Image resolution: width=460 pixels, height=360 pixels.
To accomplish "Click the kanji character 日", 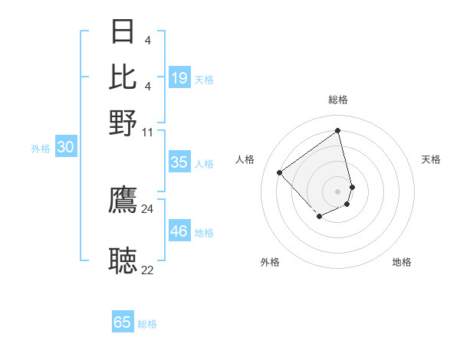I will click(123, 31).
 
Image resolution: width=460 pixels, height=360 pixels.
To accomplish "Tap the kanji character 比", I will click(123, 77).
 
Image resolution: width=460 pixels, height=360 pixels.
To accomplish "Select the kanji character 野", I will click(123, 123).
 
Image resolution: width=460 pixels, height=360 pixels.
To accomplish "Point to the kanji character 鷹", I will click(123, 200).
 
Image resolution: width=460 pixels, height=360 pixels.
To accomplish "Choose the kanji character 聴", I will click(123, 260).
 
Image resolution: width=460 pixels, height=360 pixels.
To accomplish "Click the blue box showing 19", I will click(179, 78).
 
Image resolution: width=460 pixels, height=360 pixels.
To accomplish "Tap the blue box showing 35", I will click(179, 162).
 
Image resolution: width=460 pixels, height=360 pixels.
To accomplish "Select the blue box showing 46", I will click(179, 231).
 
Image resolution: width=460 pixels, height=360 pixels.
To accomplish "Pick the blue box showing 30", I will click(65, 148).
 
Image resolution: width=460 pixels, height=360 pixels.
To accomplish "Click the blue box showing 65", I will click(123, 322).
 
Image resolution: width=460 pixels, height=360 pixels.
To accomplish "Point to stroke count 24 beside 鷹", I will click(147, 208).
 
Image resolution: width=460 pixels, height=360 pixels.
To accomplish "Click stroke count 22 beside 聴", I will click(147, 270).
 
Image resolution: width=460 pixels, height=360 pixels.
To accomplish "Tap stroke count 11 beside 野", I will click(147, 133).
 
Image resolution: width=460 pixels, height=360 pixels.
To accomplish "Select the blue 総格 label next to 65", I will click(147, 324).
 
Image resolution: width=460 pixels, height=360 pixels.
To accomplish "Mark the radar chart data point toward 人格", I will click(280, 173).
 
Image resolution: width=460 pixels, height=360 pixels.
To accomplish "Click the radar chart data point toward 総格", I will click(338, 130).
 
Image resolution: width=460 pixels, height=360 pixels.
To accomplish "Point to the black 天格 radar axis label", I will click(431, 159).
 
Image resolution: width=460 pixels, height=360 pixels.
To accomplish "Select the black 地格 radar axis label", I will click(402, 262).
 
